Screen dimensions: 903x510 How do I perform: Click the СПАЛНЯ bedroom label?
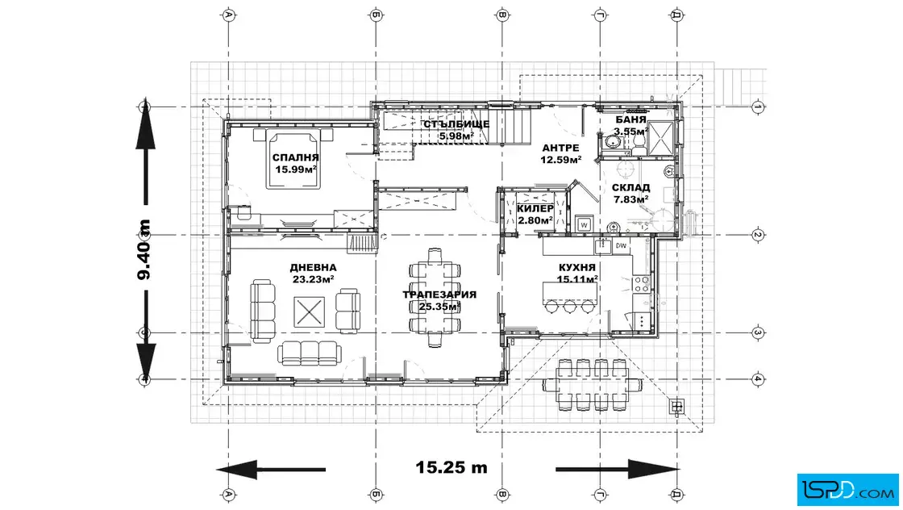pyautogui.click(x=295, y=157)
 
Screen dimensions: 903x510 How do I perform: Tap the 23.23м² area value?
pyautogui.click(x=314, y=279)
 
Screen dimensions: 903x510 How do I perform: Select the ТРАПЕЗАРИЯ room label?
pyautogui.click(x=439, y=295)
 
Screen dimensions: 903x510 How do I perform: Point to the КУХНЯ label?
pyautogui.click(x=577, y=267)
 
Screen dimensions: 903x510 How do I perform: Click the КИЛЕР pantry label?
pyautogui.click(x=535, y=208)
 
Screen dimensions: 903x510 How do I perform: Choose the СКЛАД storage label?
pyautogui.click(x=630, y=187)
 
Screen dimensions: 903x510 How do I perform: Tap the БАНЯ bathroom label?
pyautogui.click(x=630, y=120)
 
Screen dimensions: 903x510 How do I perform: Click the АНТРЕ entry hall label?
pyautogui.click(x=560, y=148)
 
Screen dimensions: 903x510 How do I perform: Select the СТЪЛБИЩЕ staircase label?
pyautogui.click(x=456, y=124)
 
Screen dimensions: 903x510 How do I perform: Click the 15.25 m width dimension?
pyautogui.click(x=451, y=466)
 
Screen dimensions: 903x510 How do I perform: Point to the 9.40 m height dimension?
pyautogui.click(x=144, y=249)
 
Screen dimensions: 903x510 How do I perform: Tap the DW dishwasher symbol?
pyautogui.click(x=621, y=246)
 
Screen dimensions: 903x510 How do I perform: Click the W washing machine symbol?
pyautogui.click(x=585, y=225)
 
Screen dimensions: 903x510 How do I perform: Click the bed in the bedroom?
pyautogui.click(x=293, y=159)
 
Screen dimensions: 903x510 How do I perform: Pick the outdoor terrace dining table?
pyautogui.click(x=593, y=385)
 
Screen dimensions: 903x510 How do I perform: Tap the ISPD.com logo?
pyautogui.click(x=847, y=490)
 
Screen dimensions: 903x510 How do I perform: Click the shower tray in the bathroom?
pyautogui.click(x=660, y=138)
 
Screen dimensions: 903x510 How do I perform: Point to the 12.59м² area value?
pyautogui.click(x=560, y=161)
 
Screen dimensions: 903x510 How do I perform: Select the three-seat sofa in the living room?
pyautogui.click(x=310, y=353)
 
